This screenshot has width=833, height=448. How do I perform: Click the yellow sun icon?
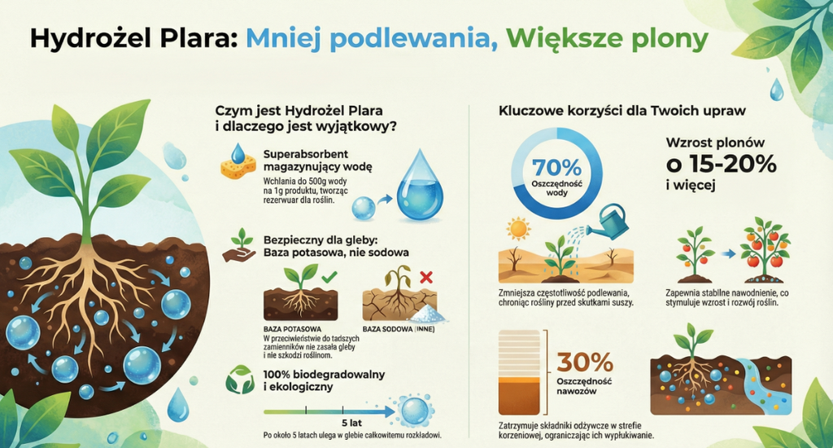(x=518, y=226)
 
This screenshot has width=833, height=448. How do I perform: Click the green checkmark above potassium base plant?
(x=329, y=279)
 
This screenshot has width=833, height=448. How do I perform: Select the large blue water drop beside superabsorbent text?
(x=420, y=186)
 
